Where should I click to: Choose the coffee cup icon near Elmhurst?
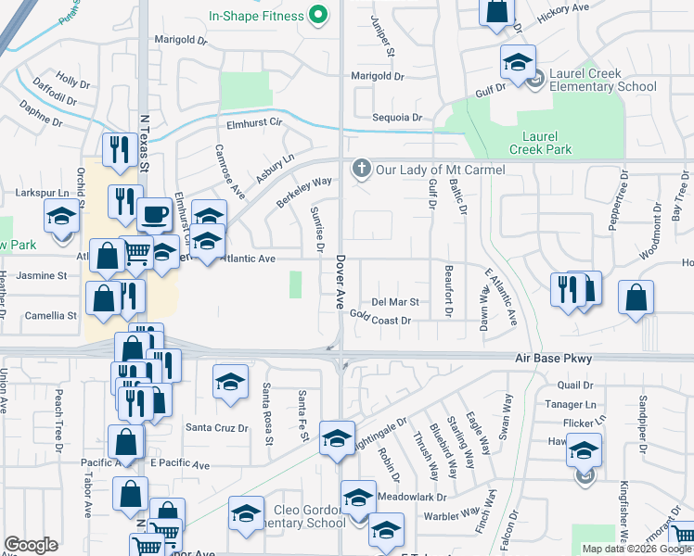tap(154, 215)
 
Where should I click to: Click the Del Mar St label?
tap(395, 302)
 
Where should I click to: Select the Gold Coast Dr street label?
tap(380, 319)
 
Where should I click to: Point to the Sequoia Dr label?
tap(397, 118)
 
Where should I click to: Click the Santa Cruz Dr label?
tap(217, 428)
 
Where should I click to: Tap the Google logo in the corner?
tap(31, 545)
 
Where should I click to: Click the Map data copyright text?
tap(636, 549)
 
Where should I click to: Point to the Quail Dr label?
tap(575, 385)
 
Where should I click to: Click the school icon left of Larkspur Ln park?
tap(62, 217)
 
